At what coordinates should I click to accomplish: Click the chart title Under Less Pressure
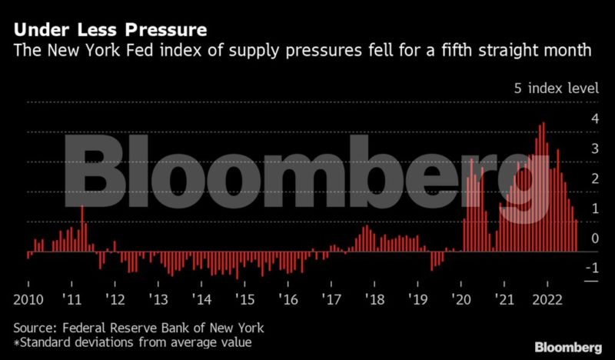108,32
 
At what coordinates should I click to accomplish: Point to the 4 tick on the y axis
593,119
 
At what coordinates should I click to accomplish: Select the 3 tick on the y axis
593,149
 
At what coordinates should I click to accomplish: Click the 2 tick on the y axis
593,179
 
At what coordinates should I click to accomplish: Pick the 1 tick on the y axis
593,209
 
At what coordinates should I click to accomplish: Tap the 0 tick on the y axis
593,239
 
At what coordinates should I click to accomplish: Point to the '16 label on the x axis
289,298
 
